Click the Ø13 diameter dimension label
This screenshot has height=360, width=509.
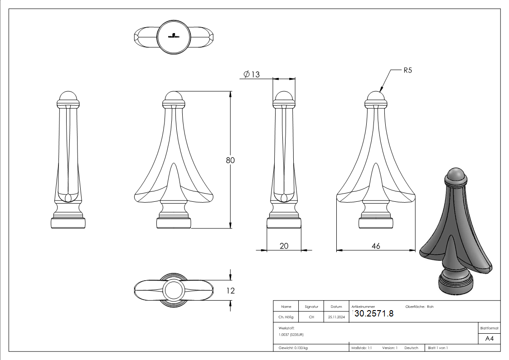pos(252,74)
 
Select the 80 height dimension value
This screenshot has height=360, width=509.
pos(231,160)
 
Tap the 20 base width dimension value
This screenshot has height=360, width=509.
pos(284,246)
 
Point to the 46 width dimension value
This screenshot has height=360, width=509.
pos(376,246)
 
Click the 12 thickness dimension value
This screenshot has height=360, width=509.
pos(231,291)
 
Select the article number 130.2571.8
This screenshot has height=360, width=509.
pos(373,313)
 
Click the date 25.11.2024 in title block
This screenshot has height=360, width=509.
pos(336,317)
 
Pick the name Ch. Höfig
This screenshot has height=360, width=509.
pos(286,317)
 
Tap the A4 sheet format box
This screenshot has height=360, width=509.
pos(489,339)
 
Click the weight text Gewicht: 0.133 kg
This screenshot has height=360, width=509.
pos(293,348)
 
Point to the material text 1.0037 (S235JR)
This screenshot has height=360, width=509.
pos(291,335)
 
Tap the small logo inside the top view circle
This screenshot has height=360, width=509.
pos(174,36)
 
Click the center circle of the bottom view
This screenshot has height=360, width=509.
pos(174,291)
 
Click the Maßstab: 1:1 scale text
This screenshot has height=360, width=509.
pos(362,348)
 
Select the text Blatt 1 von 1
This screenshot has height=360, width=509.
pos(438,348)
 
